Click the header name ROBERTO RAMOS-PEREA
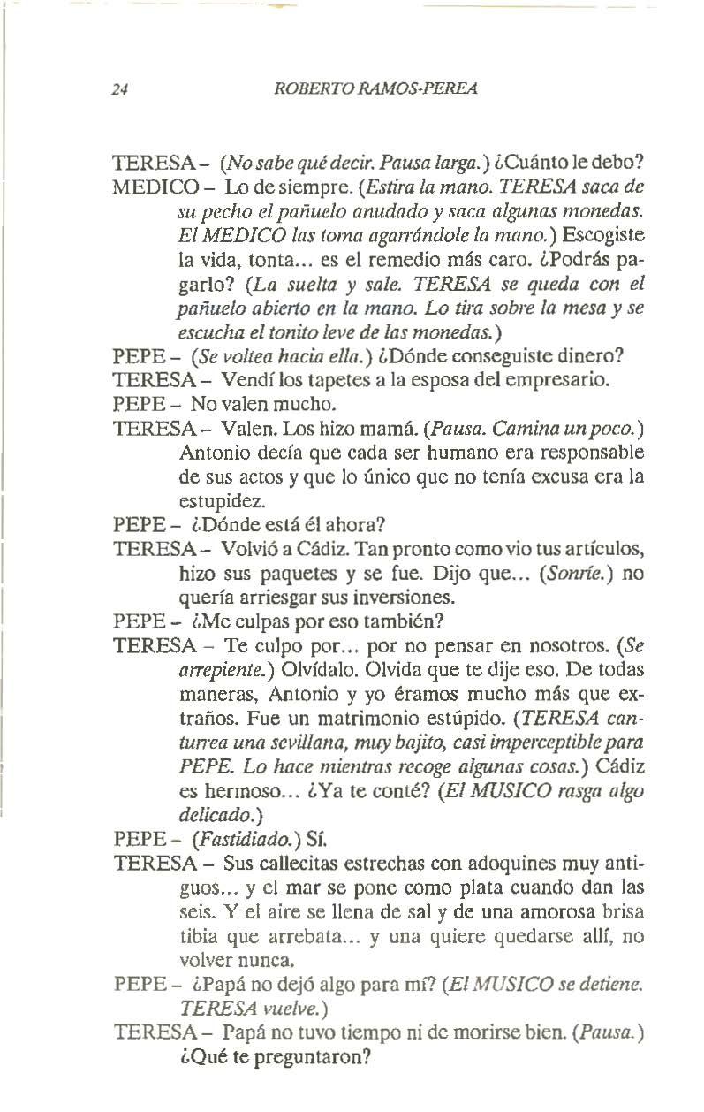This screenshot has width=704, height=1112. (377, 88)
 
